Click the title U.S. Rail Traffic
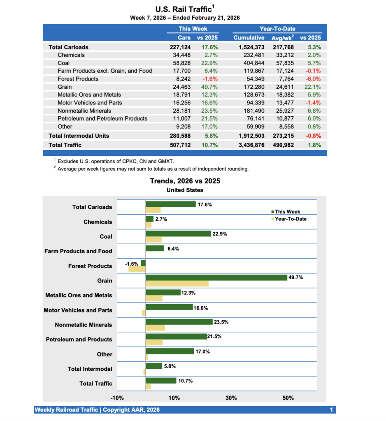184,9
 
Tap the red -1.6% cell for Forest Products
209,79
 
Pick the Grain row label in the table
65,87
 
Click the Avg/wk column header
282,38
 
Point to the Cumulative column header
249,38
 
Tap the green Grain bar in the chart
216,278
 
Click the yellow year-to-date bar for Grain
177,284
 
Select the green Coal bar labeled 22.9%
178,234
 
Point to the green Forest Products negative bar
143,263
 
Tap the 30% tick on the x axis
231,398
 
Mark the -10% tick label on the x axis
117,398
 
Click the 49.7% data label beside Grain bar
296,278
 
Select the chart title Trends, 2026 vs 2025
185,181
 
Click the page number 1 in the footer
331,410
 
